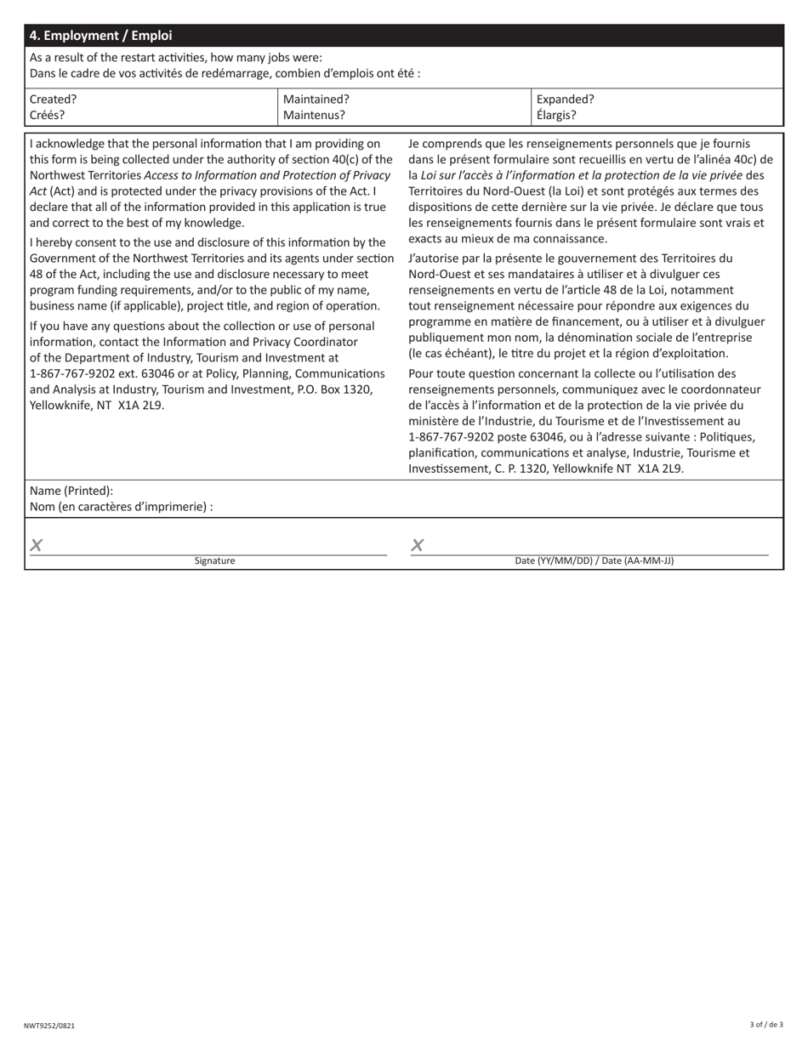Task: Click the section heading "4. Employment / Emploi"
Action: (100, 36)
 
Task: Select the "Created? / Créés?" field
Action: (151, 106)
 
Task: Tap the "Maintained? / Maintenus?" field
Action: (405, 106)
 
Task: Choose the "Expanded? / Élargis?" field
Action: (657, 106)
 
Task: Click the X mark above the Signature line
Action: (37, 546)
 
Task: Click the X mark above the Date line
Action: (417, 546)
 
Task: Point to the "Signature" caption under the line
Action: (214, 561)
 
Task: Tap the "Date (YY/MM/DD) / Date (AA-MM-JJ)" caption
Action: (594, 561)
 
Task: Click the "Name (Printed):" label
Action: (71, 491)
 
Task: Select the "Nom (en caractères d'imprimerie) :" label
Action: (121, 507)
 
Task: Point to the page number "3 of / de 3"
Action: (766, 1025)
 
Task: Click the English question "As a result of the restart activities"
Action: (175, 58)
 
